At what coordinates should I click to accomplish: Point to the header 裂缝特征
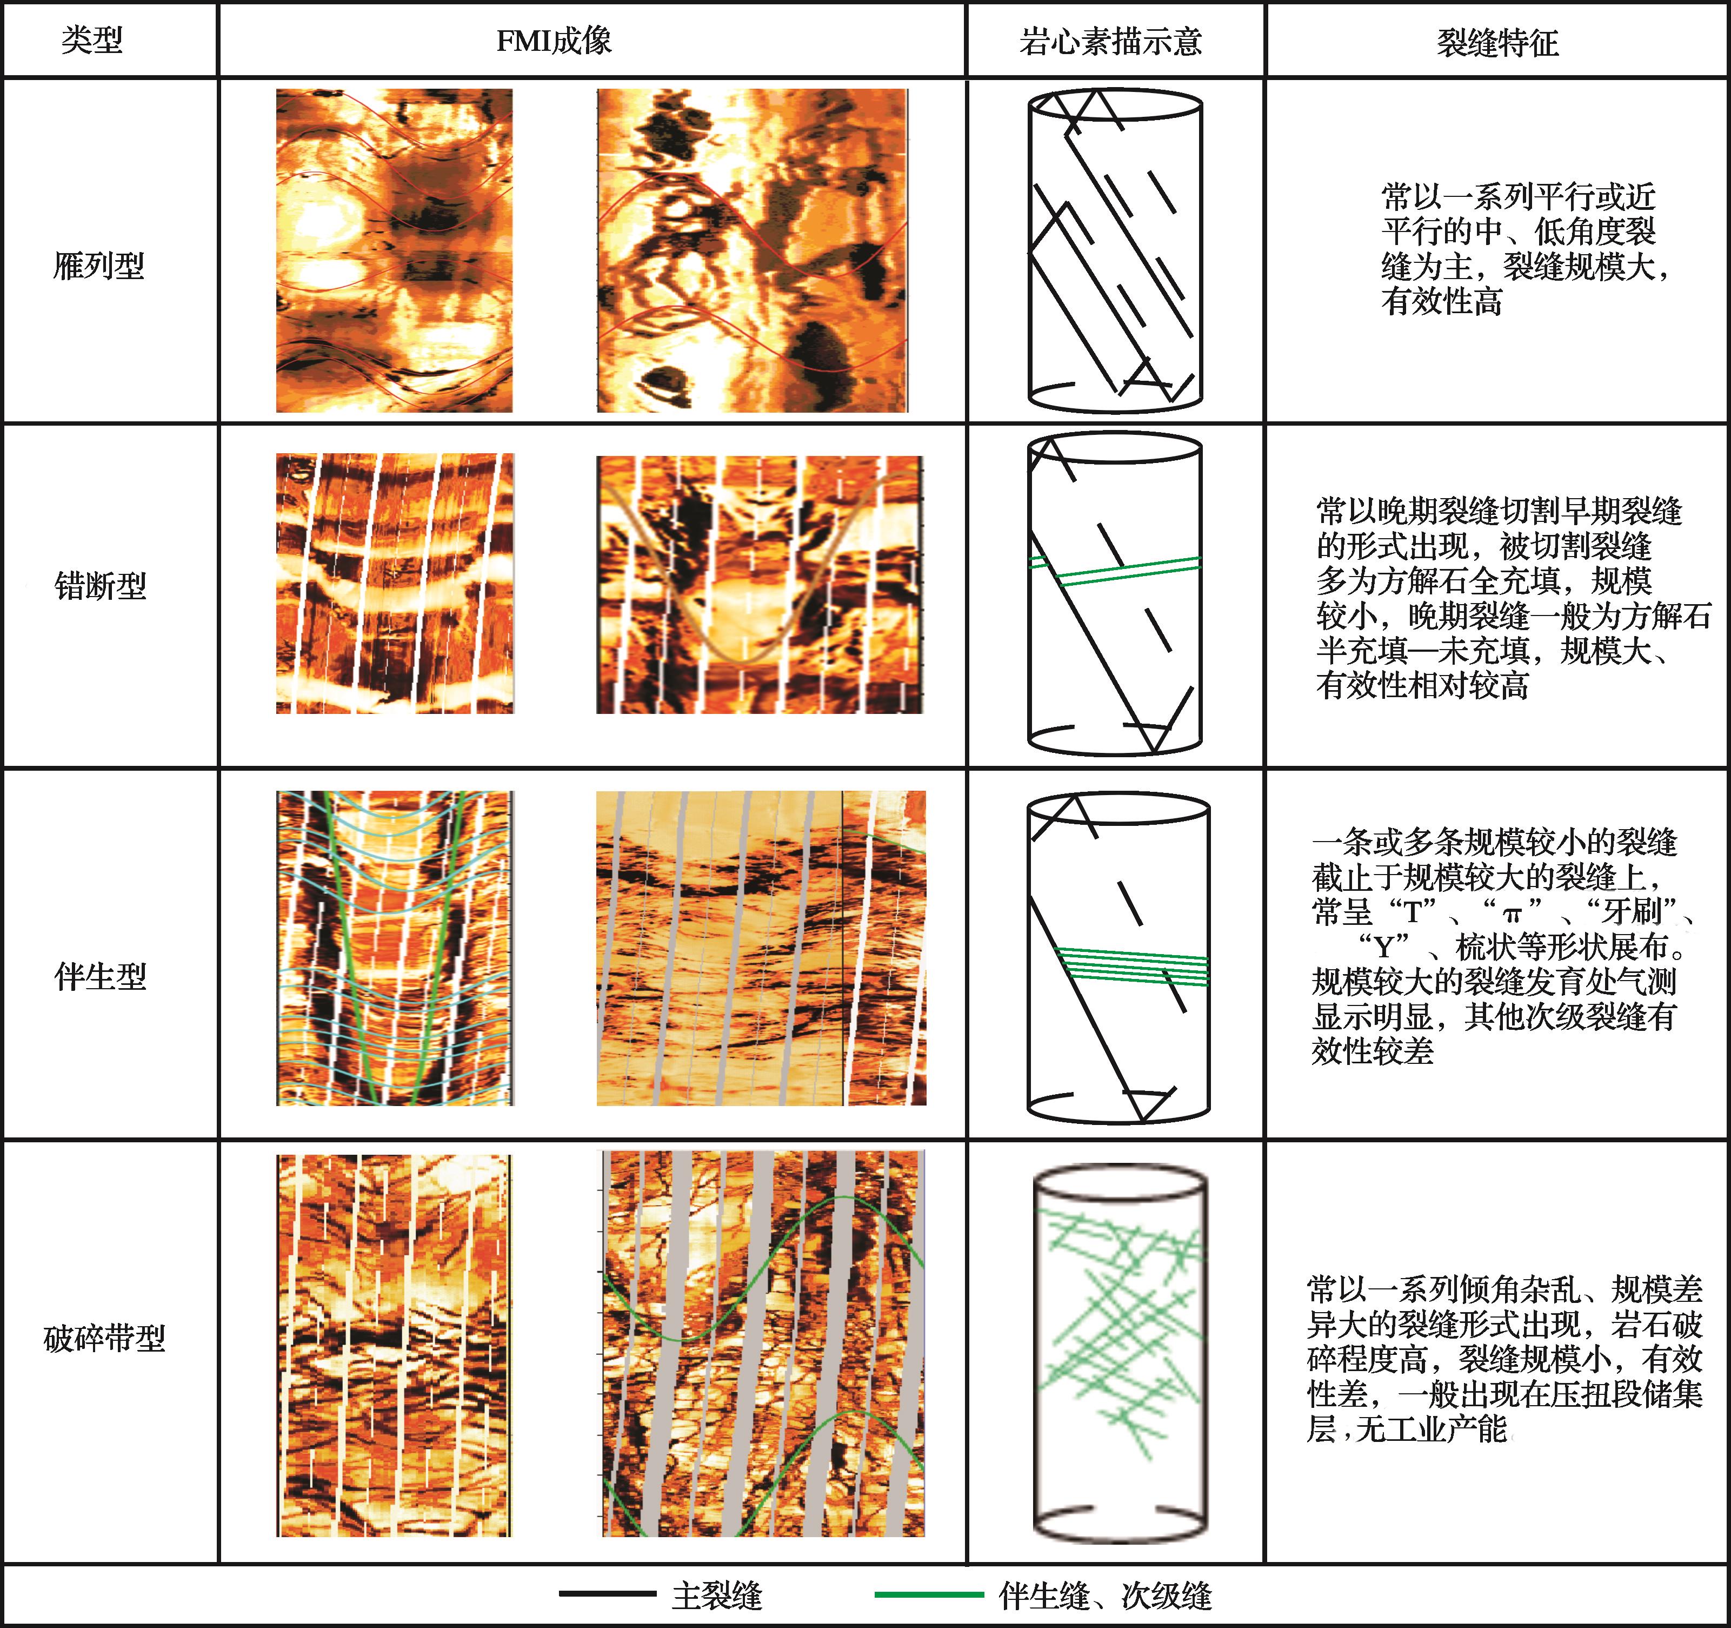(x=1497, y=42)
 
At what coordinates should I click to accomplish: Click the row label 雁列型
(x=98, y=265)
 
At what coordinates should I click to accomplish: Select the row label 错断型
(x=100, y=585)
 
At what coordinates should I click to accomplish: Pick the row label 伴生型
(x=100, y=976)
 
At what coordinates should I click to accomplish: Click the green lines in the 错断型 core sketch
(x=1115, y=570)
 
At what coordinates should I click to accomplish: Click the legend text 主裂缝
(x=717, y=1596)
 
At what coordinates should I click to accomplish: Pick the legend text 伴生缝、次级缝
(x=1105, y=1596)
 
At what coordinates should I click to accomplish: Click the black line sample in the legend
(x=607, y=1594)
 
